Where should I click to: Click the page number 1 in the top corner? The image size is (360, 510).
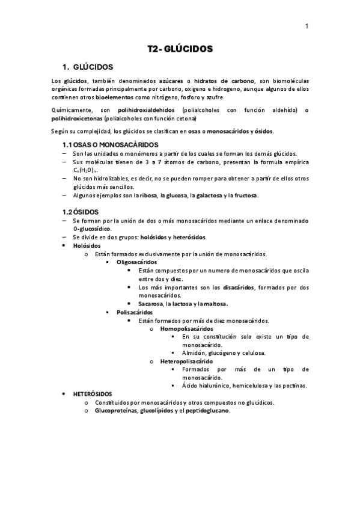pos(307,26)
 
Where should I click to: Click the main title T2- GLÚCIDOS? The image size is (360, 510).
pos(180,49)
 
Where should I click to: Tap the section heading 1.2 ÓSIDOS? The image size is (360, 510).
pos(81,212)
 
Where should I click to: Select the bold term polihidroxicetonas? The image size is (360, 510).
pos(76,118)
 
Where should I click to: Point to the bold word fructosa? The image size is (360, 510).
pos(245,195)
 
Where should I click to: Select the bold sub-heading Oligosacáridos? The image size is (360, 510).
pos(137,262)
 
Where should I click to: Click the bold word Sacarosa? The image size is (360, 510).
pos(151,304)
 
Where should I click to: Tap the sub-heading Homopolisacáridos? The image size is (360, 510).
pos(186,329)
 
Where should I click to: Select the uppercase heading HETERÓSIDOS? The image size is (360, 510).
pos(93,393)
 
